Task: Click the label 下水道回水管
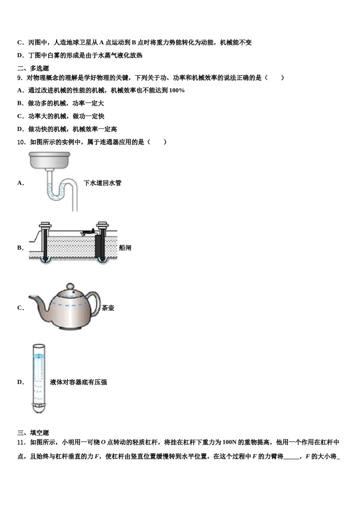(x=102, y=183)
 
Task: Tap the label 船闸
(x=125, y=248)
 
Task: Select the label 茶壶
(x=108, y=308)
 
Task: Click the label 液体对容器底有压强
(x=78, y=382)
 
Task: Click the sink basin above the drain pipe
(x=50, y=159)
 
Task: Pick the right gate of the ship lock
(x=102, y=242)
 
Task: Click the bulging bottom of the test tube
(x=39, y=408)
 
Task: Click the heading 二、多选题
(x=33, y=68)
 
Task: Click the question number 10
(x=21, y=142)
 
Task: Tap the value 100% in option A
(x=177, y=91)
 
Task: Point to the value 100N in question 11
(x=230, y=442)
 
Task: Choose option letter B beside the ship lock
(x=20, y=248)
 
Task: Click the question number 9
(x=19, y=78)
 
